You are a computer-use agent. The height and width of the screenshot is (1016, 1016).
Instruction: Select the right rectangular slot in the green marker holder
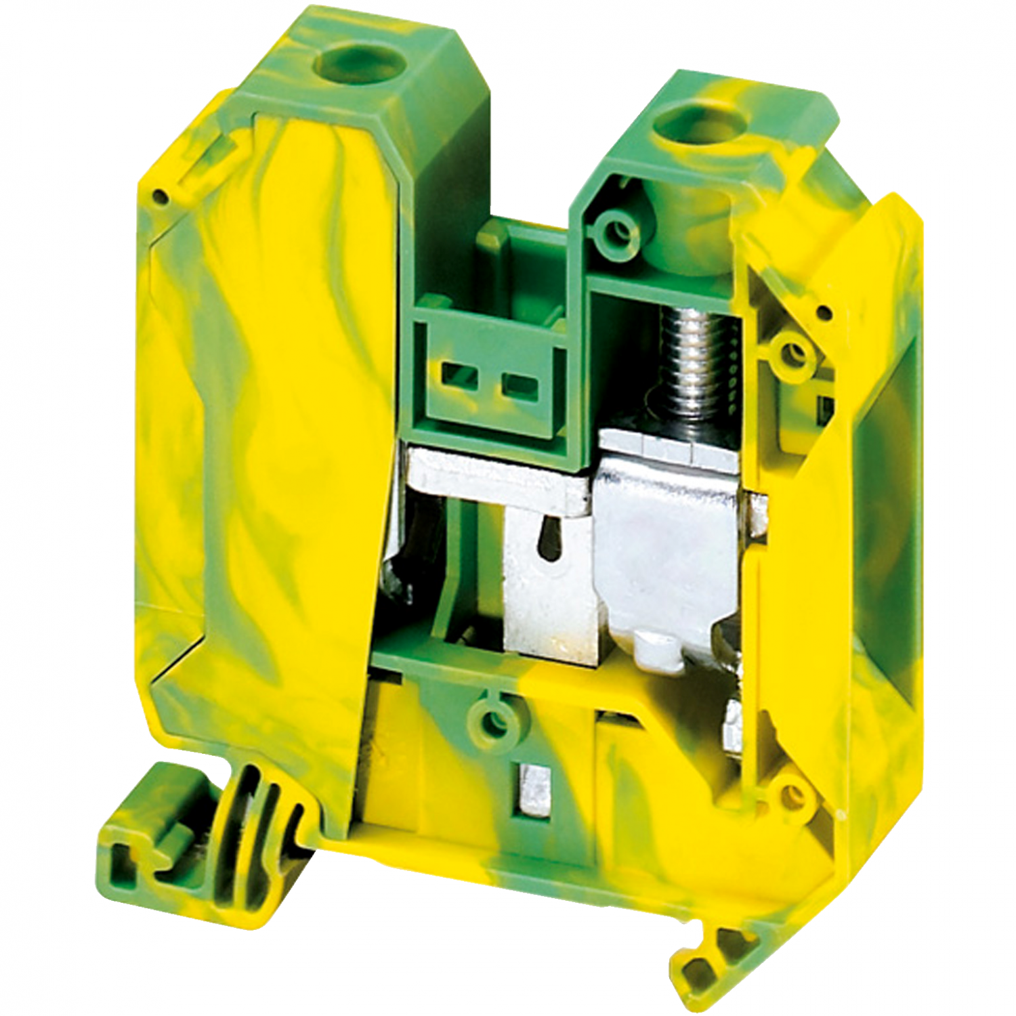[x=521, y=387]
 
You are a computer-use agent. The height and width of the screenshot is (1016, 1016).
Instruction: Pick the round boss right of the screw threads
[x=790, y=353]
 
